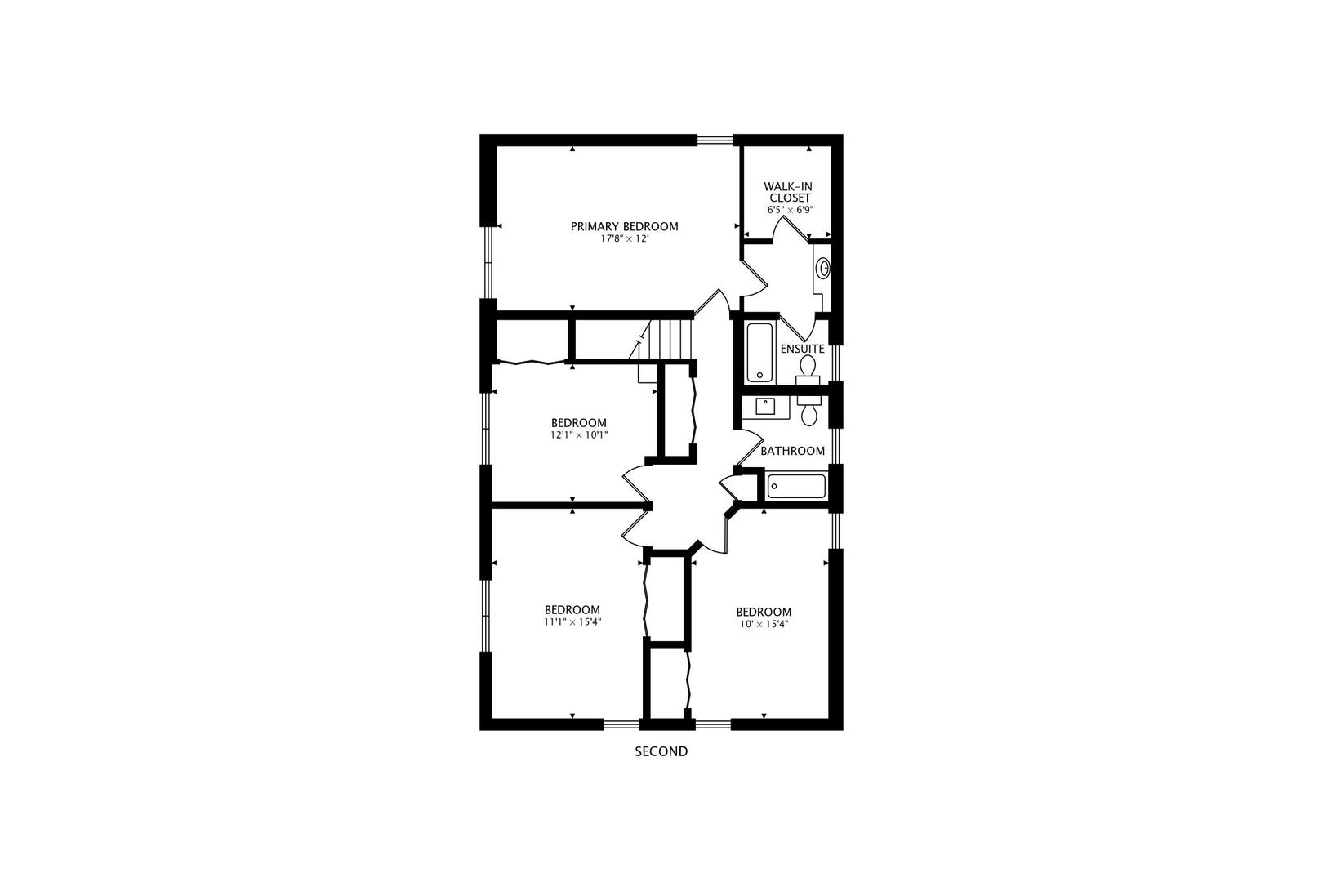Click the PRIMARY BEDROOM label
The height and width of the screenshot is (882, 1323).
click(624, 226)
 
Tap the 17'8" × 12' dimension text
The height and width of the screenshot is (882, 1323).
click(624, 239)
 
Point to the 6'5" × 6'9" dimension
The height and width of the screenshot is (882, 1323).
click(790, 210)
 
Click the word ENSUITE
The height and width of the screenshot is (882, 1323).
click(802, 349)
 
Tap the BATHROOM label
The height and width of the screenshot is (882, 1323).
click(792, 451)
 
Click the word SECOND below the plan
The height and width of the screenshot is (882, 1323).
click(661, 751)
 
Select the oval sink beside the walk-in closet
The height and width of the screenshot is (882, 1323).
click(824, 267)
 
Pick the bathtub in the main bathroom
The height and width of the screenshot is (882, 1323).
click(796, 488)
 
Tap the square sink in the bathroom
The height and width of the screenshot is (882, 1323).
click(766, 406)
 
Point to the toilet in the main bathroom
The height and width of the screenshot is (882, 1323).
click(809, 412)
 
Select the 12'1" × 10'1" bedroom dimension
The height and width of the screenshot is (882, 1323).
click(578, 435)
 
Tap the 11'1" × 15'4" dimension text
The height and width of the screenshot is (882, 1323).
click(572, 622)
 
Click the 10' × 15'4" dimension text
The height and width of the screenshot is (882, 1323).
click(764, 625)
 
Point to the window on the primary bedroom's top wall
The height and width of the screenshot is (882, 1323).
click(715, 140)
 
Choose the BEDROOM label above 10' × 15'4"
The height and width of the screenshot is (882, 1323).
click(764, 612)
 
